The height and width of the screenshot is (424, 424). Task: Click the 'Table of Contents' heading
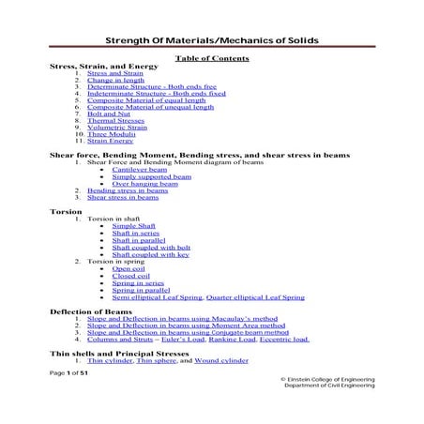click(x=212, y=59)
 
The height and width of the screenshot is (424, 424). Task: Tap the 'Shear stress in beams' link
click(x=123, y=197)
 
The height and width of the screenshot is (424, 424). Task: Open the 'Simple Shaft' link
click(x=134, y=226)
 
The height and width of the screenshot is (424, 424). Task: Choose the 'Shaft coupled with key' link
click(x=151, y=253)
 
